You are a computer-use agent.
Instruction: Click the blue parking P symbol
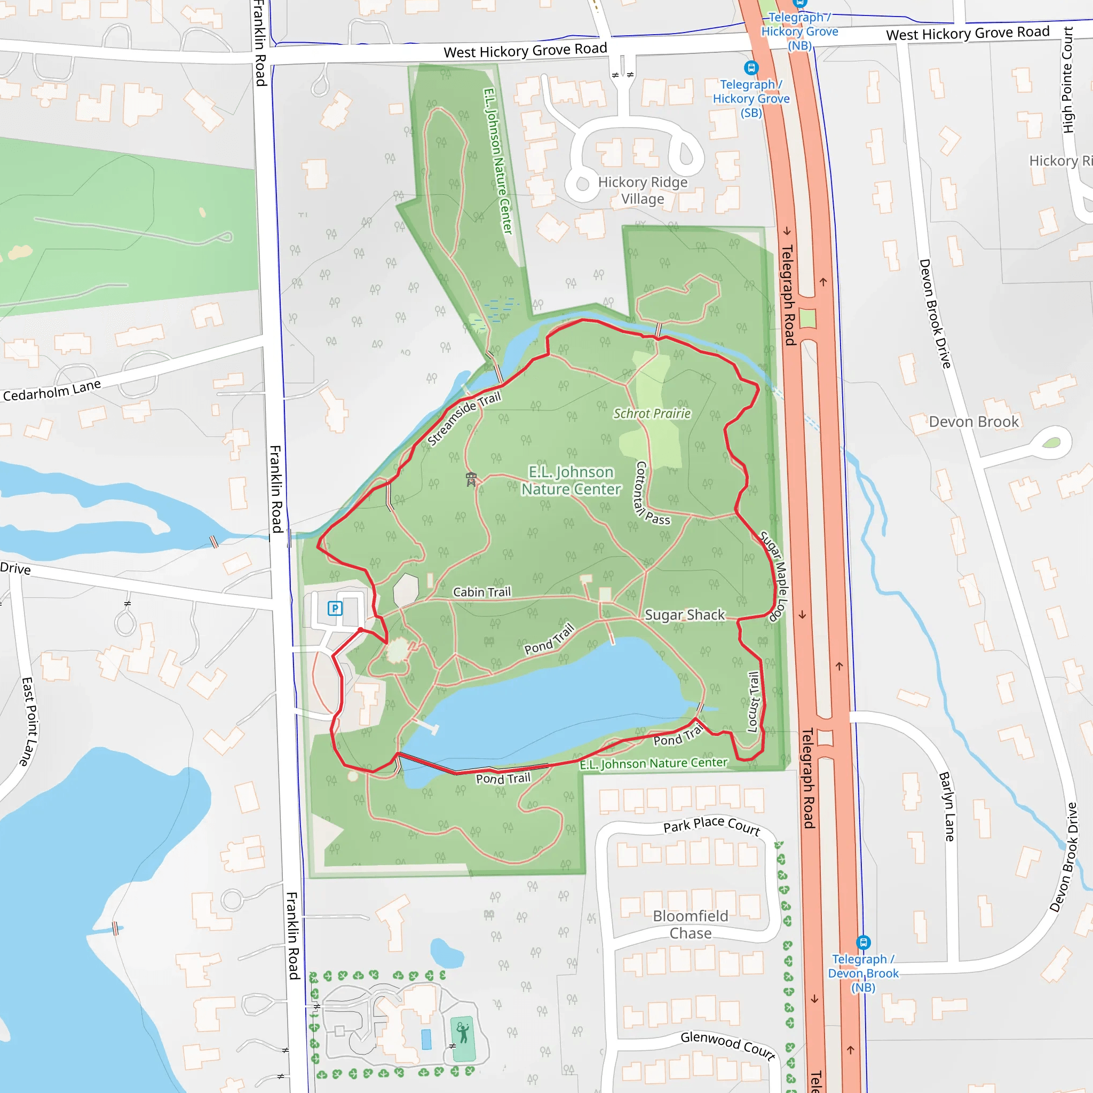pos(335,608)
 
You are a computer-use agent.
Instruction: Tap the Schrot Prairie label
pos(652,414)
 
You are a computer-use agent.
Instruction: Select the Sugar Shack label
pos(685,615)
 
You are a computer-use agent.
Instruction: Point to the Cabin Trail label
pos(481,592)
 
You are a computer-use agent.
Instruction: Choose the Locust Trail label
pos(753,701)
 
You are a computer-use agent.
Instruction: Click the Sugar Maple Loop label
pos(774,576)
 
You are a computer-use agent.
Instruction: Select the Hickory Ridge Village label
pos(643,190)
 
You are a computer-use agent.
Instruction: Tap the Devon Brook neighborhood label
pos(973,422)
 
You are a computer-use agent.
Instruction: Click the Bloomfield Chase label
pos(690,924)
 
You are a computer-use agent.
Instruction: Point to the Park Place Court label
pos(712,826)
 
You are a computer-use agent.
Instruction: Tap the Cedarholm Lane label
pos(52,390)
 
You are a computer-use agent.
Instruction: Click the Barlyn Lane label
pos(946,806)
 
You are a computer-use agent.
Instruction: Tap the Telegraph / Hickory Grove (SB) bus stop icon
pos(751,68)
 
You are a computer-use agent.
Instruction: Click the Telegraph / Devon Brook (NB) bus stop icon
pos(864,942)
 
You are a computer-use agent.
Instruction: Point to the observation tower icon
pos(471,479)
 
